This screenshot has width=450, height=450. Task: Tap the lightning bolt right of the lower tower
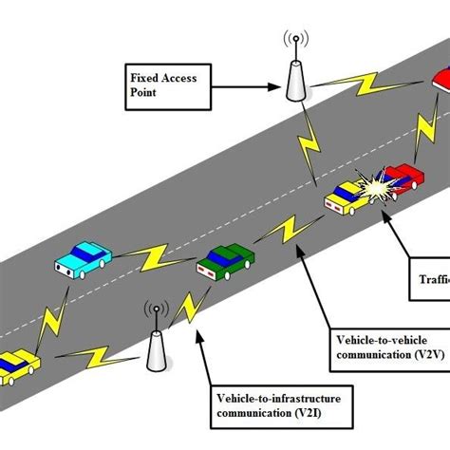click(197, 308)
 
